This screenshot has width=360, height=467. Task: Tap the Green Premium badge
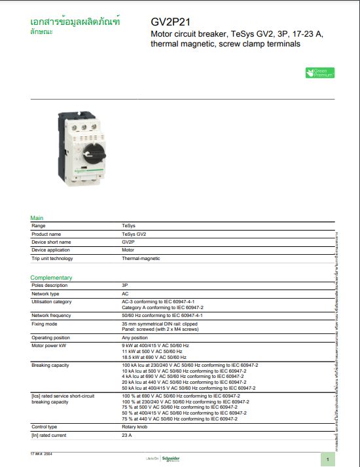[x=320, y=73]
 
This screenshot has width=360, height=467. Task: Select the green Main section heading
[x=37, y=218]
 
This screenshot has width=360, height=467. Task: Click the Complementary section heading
[x=51, y=278]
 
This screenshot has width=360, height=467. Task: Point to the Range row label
[x=39, y=226]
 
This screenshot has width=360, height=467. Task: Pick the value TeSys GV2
[x=134, y=234]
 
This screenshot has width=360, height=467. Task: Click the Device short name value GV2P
[x=128, y=242]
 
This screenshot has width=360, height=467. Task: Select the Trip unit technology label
[x=52, y=259]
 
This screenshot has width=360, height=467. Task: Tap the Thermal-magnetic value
[x=141, y=259]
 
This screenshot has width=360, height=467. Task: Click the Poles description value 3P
[x=125, y=286]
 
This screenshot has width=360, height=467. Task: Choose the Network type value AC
[x=125, y=294]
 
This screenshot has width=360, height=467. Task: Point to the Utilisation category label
[x=52, y=302]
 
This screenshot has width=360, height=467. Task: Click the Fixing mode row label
[x=45, y=324]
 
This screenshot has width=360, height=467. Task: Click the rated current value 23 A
[x=127, y=435]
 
